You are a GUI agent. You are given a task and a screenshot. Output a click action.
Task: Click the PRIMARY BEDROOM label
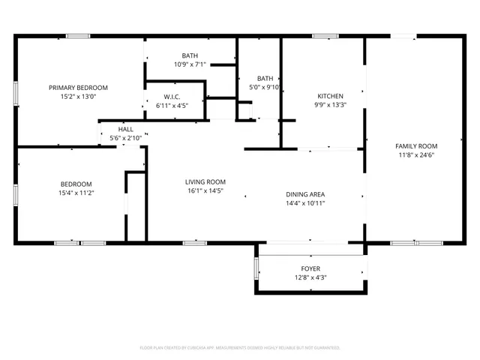tap(78, 88)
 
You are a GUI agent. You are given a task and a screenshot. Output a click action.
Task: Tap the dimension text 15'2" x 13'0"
tap(78, 97)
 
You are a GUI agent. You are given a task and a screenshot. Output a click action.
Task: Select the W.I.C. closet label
tap(172, 97)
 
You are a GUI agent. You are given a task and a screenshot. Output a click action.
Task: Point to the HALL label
tap(125, 130)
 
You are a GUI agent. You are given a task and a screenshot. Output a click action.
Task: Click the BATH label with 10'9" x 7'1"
tap(190, 55)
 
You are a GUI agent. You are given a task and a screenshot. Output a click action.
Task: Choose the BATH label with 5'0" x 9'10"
tap(265, 78)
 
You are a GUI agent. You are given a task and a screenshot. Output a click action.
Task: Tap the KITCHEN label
tap(330, 97)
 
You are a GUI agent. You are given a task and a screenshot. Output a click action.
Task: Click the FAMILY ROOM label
tap(416, 146)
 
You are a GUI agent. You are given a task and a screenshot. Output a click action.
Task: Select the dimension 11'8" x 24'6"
tap(416, 155)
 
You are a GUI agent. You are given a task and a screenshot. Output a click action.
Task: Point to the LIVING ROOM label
tap(205, 181)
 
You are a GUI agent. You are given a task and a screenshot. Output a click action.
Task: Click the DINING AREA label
tap(305, 194)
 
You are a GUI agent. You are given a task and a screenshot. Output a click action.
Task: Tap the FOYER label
tap(310, 268)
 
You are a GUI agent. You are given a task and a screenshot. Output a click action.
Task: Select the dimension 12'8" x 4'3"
tap(310, 277)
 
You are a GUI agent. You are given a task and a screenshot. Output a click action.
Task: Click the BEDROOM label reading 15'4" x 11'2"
tap(76, 184)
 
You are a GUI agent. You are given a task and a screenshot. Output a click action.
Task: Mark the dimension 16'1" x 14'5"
tap(205, 190)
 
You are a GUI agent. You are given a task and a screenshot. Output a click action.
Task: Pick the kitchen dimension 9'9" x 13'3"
tap(330, 106)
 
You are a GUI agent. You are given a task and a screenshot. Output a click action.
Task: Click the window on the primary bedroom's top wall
tap(78, 36)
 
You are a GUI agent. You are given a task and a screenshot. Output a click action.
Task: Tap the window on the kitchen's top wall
tap(325, 36)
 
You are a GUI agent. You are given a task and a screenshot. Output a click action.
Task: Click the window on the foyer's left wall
tap(256, 267)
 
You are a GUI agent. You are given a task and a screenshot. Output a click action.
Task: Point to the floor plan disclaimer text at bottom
tap(240, 348)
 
